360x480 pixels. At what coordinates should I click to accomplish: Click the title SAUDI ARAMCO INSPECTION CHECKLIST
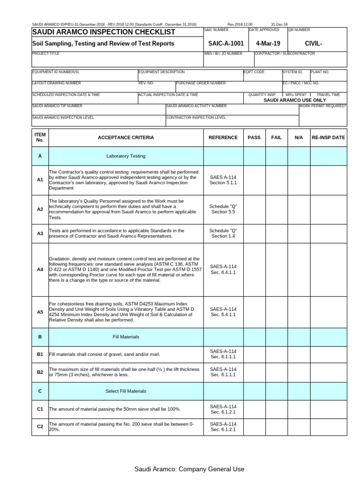pyautogui.click(x=104, y=32)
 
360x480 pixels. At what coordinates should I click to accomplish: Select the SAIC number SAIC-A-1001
pyautogui.click(x=225, y=44)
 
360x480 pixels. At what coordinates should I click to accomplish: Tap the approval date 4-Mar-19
pyautogui.click(x=267, y=44)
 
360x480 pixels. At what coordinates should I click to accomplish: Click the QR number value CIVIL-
pyautogui.click(x=314, y=44)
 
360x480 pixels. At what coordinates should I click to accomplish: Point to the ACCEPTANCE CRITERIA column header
pyautogui.click(x=126, y=138)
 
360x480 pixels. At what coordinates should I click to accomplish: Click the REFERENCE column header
pyautogui.click(x=223, y=138)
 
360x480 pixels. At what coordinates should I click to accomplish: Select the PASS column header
pyautogui.click(x=254, y=138)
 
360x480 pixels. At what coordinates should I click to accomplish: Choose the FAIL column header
pyautogui.click(x=277, y=138)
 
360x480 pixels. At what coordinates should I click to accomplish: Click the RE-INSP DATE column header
pyautogui.click(x=328, y=138)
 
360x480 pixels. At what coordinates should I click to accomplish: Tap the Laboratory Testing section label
pyautogui.click(x=126, y=156)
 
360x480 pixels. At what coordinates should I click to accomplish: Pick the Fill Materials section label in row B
pyautogui.click(x=126, y=337)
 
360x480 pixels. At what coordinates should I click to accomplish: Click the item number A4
pyautogui.click(x=40, y=270)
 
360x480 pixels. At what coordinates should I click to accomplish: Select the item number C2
pyautogui.click(x=40, y=427)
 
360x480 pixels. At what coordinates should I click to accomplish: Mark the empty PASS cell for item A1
pyautogui.click(x=254, y=180)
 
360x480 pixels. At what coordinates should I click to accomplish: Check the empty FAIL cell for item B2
pyautogui.click(x=277, y=372)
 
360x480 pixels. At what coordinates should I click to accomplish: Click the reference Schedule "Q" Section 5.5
pyautogui.click(x=223, y=209)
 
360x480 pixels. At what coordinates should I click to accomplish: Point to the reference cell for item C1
pyautogui.click(x=223, y=409)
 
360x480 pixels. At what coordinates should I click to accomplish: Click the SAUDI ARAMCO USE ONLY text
pyautogui.click(x=294, y=100)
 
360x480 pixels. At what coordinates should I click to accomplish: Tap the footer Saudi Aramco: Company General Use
pyautogui.click(x=189, y=469)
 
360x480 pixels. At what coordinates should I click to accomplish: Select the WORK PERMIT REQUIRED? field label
pyautogui.click(x=323, y=106)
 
